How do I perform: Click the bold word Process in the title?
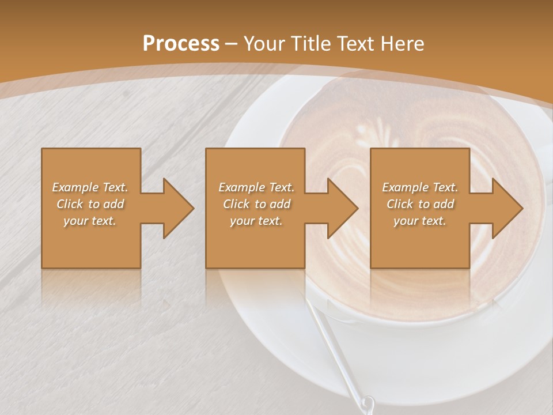pyautogui.click(x=181, y=44)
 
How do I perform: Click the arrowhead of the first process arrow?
pyautogui.click(x=178, y=208)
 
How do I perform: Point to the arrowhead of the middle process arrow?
pyautogui.click(x=343, y=208)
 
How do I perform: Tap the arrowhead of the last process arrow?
pyautogui.click(x=507, y=208)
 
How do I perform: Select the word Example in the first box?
pyautogui.click(x=75, y=187)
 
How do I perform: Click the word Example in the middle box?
pyautogui.click(x=241, y=187)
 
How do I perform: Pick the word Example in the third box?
pyautogui.click(x=405, y=187)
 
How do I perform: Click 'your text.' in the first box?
pyautogui.click(x=90, y=221)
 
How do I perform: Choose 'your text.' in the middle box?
pyautogui.click(x=256, y=221)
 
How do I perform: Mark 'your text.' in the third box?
pyautogui.click(x=420, y=221)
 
